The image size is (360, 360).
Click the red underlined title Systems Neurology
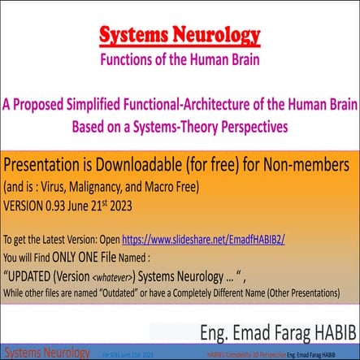click(180, 36)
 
